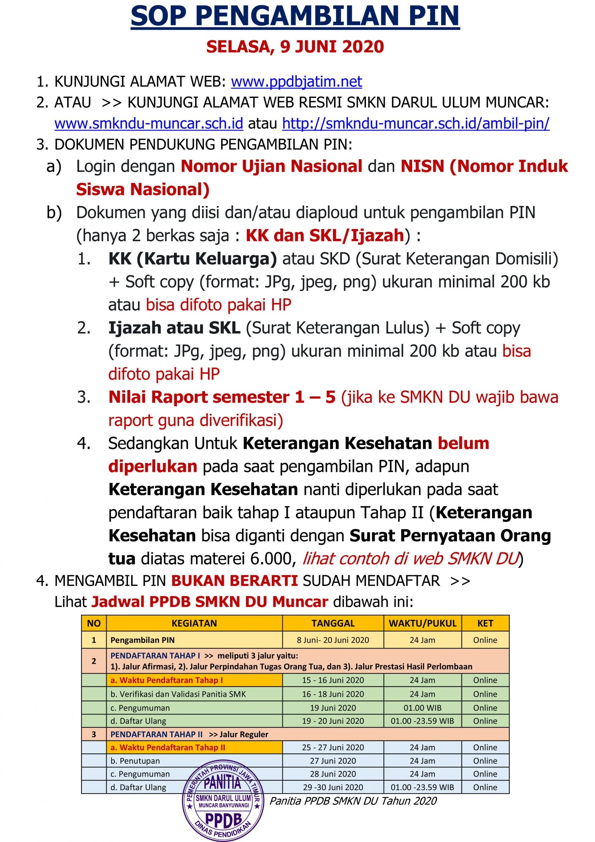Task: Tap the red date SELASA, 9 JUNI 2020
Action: click(295, 47)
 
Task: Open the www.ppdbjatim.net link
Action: click(296, 82)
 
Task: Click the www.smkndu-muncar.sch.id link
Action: click(149, 124)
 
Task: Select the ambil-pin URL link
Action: click(416, 124)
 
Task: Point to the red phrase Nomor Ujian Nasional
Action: click(271, 166)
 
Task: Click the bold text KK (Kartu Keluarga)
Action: click(192, 259)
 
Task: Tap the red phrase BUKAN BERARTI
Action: click(234, 581)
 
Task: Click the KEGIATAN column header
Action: click(194, 623)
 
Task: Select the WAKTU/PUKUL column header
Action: click(422, 623)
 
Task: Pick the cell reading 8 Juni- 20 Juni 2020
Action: click(333, 640)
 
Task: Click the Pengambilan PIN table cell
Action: click(143, 640)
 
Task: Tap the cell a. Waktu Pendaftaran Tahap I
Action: click(167, 680)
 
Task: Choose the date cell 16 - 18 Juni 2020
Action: click(333, 694)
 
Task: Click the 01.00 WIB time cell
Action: click(422, 708)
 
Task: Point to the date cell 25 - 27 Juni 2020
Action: click(333, 747)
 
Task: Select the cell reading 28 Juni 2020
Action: click(333, 774)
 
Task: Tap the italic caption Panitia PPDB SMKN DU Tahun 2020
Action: click(353, 801)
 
